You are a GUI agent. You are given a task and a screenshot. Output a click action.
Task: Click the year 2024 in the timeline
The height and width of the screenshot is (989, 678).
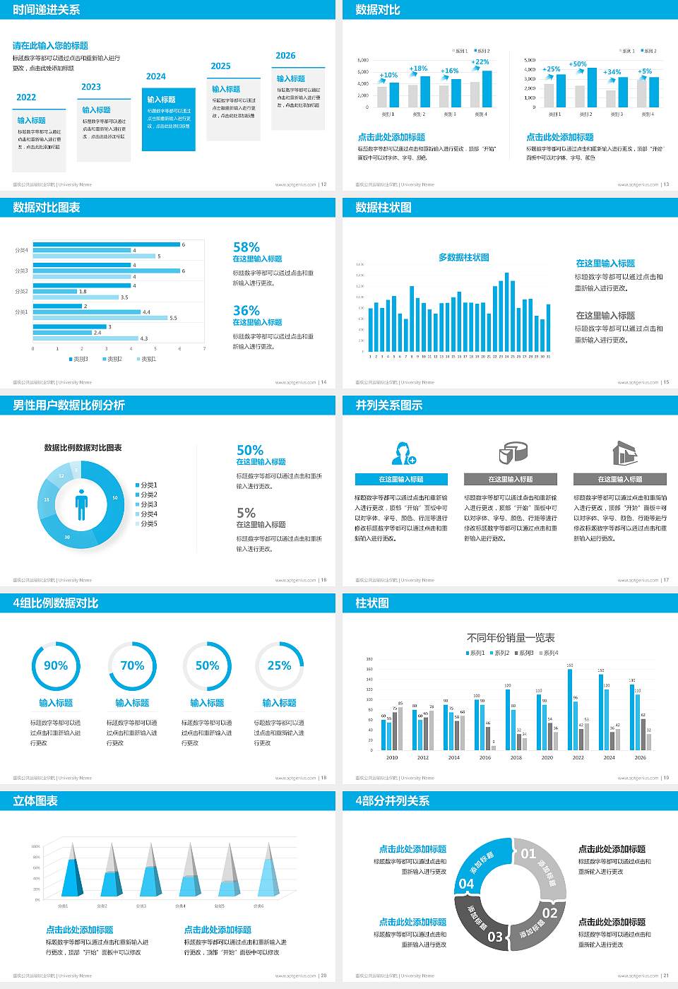pos(156,76)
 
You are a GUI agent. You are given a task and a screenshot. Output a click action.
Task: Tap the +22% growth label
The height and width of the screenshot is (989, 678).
pos(480,62)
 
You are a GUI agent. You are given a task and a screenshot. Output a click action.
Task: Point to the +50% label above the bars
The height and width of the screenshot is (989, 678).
pos(578,64)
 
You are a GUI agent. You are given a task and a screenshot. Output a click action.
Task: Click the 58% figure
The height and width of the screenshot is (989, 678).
pos(246,247)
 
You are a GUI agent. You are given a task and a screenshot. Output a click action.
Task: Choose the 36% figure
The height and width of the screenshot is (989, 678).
pos(246,311)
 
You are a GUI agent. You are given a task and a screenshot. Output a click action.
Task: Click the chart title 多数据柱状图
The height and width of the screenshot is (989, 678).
pos(464,258)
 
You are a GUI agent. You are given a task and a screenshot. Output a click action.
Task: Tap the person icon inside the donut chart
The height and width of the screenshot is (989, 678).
pos(81,504)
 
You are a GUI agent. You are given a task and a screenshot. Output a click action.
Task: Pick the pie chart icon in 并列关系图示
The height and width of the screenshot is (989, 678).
pos(513,453)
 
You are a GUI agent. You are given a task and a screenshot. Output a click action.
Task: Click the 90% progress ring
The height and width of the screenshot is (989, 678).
pos(56,665)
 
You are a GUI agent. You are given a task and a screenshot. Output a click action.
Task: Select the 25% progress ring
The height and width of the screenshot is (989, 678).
pos(279,665)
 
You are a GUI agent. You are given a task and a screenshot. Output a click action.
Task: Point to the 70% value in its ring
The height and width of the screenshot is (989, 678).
pos(132,665)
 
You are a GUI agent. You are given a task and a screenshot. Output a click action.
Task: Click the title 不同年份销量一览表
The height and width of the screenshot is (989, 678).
pos(511,638)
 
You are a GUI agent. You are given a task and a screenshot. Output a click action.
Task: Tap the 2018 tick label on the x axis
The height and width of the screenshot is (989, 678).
pos(516,757)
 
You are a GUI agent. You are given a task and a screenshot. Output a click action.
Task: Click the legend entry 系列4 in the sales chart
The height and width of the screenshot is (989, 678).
pos(549,653)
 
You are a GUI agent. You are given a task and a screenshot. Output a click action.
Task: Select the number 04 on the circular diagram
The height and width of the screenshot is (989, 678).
pos(467,884)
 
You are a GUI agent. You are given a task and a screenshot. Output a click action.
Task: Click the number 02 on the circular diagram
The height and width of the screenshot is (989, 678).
pos(549,913)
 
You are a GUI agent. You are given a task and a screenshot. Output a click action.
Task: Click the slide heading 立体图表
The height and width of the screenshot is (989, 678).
pos(35,801)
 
